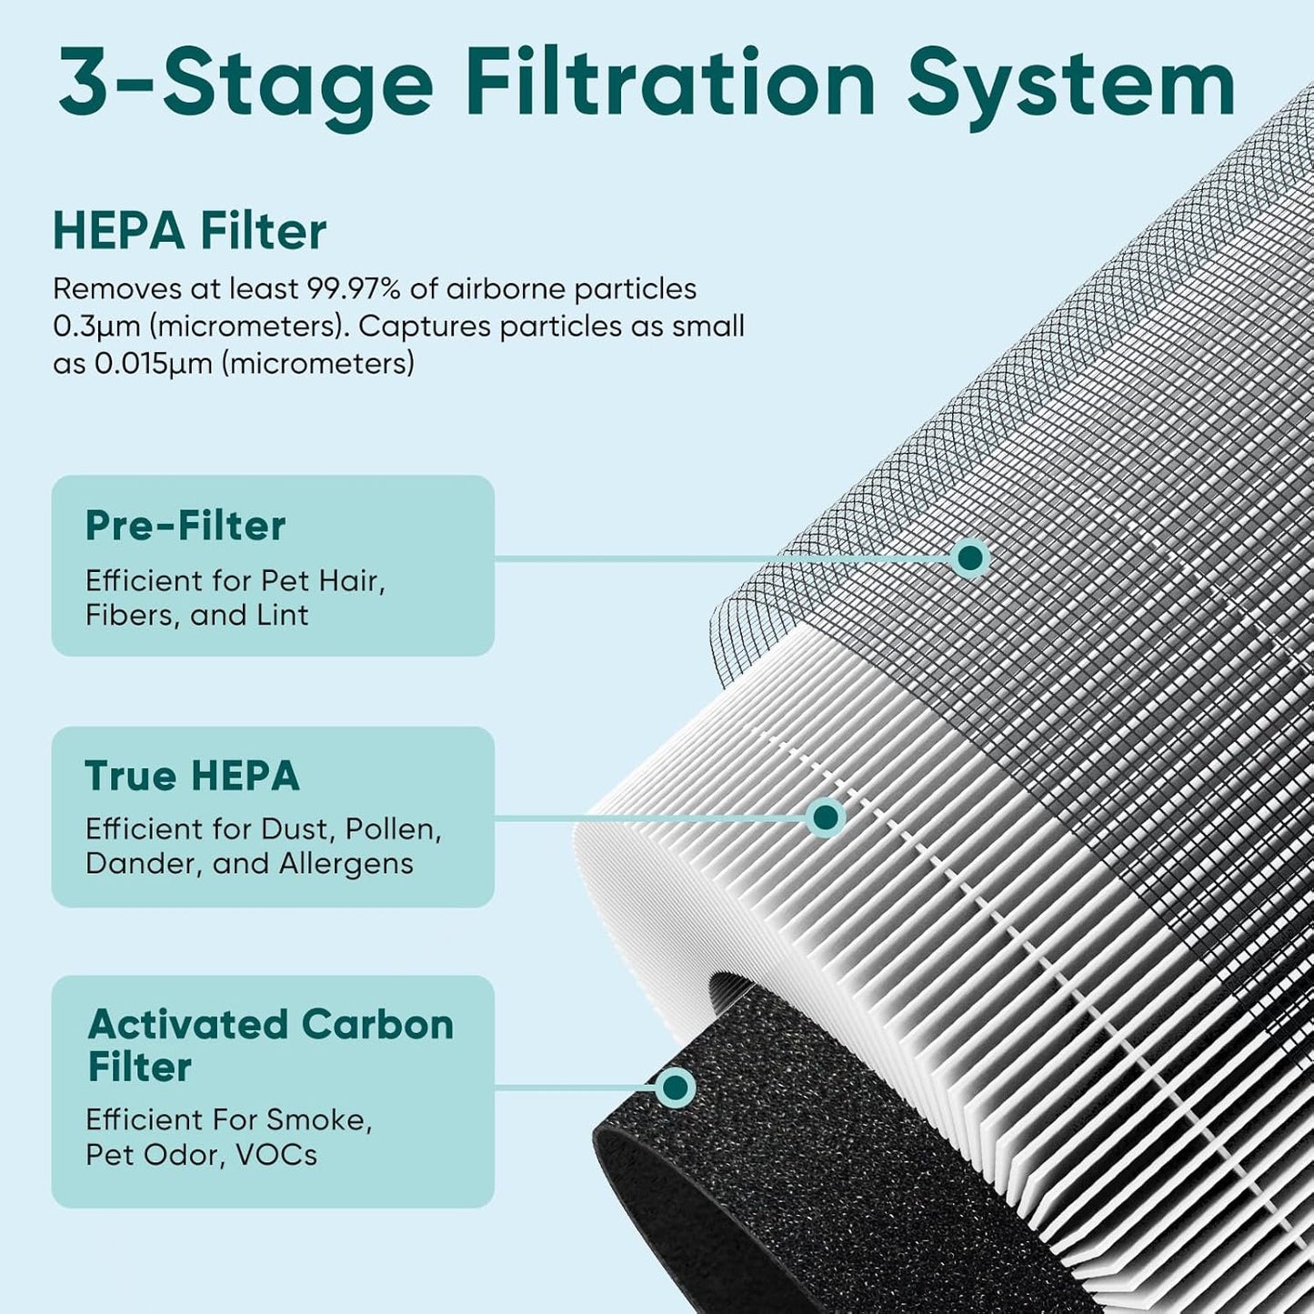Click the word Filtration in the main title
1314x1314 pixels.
[670, 84]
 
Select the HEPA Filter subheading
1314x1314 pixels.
[189, 231]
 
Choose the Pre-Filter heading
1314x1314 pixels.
[186, 526]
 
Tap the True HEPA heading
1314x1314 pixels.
[192, 776]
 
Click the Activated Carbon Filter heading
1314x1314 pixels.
[270, 1045]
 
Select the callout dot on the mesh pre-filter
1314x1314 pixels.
[970, 557]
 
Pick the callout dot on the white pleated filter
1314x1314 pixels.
[825, 817]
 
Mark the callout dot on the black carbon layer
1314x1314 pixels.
[675, 1088]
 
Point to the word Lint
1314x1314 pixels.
[281, 616]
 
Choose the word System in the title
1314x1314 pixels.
[1070, 84]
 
